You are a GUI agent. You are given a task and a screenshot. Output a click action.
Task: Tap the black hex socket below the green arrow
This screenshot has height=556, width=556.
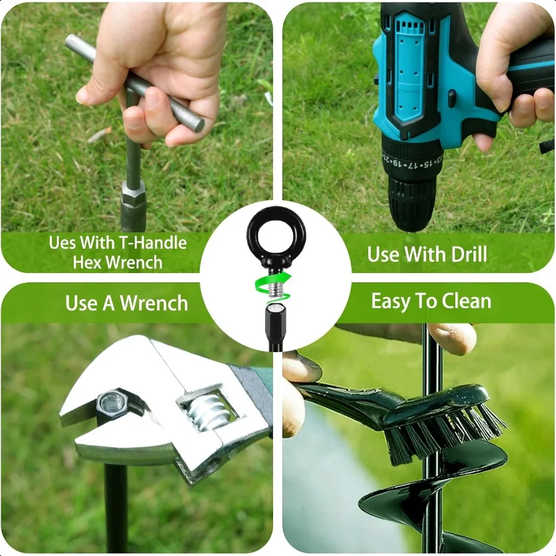(x=275, y=321)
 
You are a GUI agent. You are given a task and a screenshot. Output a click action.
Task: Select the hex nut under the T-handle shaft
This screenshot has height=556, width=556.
(x=133, y=196)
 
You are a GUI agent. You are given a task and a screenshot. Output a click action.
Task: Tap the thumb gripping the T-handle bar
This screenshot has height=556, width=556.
(x=99, y=90)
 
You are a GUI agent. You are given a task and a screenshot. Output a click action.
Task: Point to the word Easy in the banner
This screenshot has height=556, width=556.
(x=390, y=301)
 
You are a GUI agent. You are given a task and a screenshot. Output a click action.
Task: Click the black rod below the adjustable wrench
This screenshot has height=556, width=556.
(x=116, y=507)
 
